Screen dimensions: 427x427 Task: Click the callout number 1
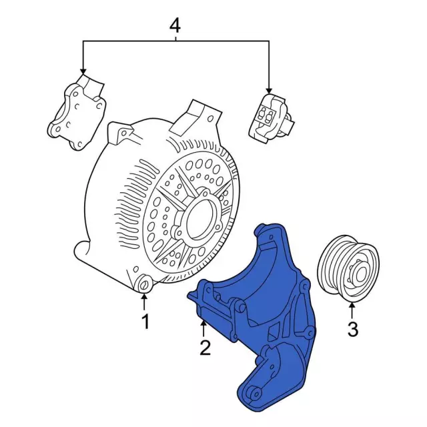click(145, 322)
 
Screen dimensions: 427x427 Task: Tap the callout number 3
click(352, 328)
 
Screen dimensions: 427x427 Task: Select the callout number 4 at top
click(175, 26)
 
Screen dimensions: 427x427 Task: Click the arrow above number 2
click(203, 328)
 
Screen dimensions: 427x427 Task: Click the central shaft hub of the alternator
click(201, 220)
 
